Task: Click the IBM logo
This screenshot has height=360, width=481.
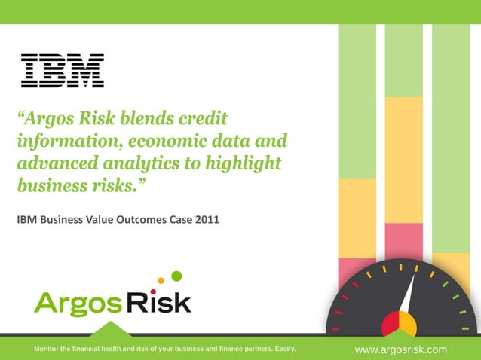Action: pos(63,70)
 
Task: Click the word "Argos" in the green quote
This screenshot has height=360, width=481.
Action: pos(61,118)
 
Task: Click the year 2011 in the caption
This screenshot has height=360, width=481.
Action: pos(204,220)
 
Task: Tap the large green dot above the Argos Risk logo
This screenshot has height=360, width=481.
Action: pos(176,276)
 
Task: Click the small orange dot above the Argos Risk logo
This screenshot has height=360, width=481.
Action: pos(161,281)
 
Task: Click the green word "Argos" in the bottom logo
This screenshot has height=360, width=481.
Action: pos(77,304)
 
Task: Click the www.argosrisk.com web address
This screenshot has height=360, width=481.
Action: pos(400,349)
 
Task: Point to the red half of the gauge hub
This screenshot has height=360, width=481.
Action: pos(391,326)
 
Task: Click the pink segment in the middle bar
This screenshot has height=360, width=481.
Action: pos(403,241)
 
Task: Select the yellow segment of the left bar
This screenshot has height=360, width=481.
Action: pos(357,218)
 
